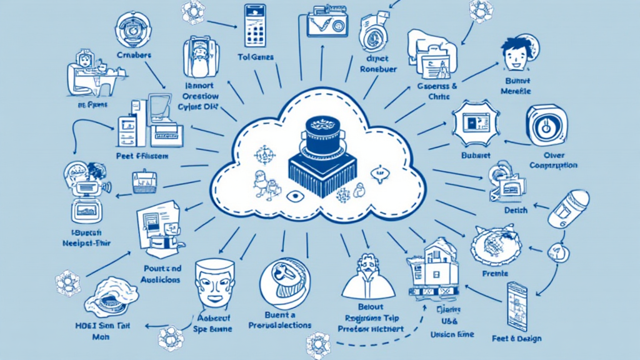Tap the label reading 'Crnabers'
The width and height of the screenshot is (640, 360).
134,56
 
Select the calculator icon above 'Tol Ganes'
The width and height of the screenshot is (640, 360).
254,25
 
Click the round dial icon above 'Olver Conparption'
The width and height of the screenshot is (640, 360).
546,125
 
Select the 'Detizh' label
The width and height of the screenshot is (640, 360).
516,210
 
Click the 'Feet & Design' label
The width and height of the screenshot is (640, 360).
517,339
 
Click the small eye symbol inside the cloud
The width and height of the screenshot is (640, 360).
294,196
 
